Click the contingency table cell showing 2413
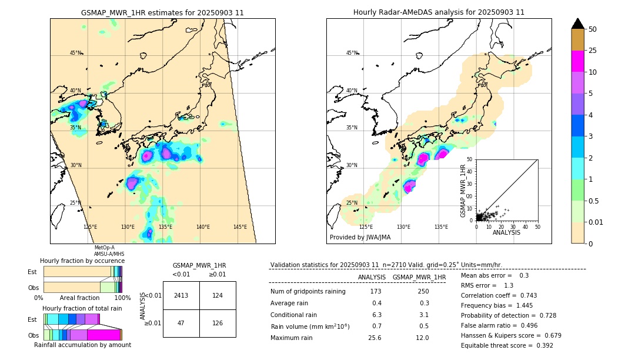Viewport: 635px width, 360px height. tap(181, 295)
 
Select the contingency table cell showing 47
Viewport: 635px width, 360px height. tap(181, 323)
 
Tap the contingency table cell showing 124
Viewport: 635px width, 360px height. tap(218, 295)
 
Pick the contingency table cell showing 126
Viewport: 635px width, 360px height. tap(218, 323)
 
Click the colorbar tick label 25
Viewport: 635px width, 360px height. tap(593, 51)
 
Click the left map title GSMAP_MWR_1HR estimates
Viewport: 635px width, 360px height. tap(162, 12)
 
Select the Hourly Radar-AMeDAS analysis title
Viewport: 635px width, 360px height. tap(439, 12)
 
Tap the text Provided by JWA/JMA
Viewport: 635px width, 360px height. tap(360, 237)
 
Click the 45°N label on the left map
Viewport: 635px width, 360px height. tap(75, 53)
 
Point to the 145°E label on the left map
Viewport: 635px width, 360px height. tap(240, 227)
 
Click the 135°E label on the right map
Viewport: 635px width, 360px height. tap(441, 227)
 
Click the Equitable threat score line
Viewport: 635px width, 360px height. tap(507, 345)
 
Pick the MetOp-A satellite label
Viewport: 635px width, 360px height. tap(105, 248)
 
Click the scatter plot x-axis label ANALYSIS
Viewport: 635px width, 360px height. tap(506, 232)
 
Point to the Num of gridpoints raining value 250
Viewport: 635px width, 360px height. tap(423, 292)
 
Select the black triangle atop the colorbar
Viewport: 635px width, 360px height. tap(578, 24)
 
